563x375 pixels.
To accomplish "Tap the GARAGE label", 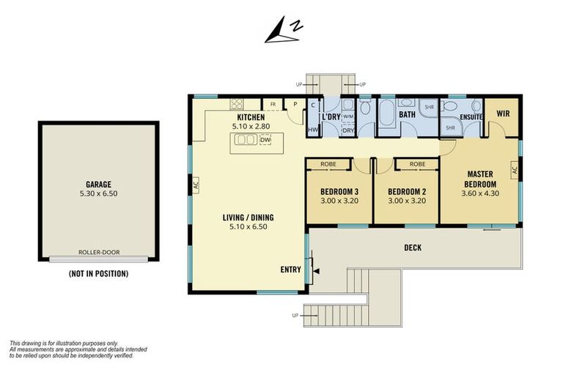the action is click(x=98, y=185).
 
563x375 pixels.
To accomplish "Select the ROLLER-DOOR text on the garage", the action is click(x=99, y=252).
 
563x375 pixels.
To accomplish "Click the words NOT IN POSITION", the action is click(x=98, y=274).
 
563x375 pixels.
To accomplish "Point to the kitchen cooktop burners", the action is click(x=236, y=104).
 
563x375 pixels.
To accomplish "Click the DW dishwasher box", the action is click(x=265, y=140).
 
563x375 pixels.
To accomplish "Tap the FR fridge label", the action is click(x=273, y=105).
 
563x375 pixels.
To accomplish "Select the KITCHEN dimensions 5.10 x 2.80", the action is click(x=251, y=126).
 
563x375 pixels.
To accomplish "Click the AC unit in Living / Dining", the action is click(x=196, y=185).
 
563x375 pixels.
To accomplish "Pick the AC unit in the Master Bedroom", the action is click(x=515, y=170).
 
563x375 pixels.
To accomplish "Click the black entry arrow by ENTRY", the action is click(x=317, y=271).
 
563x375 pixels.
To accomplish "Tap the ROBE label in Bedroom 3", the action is click(x=328, y=164).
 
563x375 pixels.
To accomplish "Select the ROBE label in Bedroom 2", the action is click(x=417, y=164).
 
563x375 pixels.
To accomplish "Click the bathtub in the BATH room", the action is click(x=386, y=113).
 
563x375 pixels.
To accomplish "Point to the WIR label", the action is click(x=503, y=114).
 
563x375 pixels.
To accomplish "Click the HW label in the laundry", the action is click(x=313, y=130).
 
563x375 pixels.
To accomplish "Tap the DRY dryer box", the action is click(x=348, y=130).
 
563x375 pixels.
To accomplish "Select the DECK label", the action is click(x=413, y=248).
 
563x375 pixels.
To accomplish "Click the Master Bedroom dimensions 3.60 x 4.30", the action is click(x=480, y=193).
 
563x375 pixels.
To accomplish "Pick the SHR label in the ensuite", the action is click(x=450, y=127).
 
